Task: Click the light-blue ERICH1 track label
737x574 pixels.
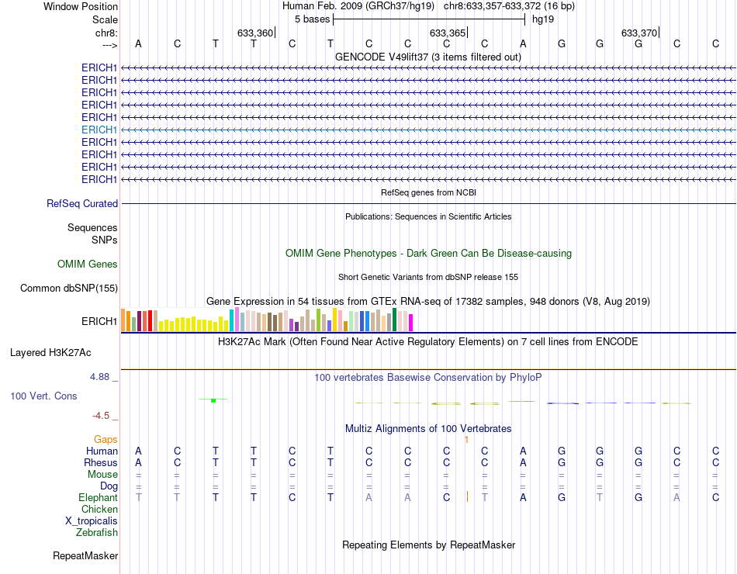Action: [x=99, y=130]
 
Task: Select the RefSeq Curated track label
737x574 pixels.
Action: [x=82, y=204]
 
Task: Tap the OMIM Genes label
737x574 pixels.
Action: [x=88, y=265]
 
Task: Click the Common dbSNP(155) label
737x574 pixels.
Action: [x=69, y=289]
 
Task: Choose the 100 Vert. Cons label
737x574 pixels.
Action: [x=43, y=396]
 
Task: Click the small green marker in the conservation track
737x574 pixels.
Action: [x=213, y=399]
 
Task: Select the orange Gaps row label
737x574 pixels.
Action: [x=106, y=440]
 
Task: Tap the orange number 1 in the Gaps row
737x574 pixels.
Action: [x=466, y=440]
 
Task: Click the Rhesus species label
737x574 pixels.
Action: [x=101, y=463]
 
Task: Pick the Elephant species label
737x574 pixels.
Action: [x=98, y=498]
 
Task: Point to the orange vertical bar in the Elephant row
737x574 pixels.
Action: [x=467, y=497]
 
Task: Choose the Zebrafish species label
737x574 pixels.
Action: [x=97, y=533]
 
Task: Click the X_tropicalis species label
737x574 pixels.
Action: [x=92, y=521]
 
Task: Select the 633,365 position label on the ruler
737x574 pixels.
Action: [x=448, y=33]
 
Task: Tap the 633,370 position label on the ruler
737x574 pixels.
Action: [x=640, y=33]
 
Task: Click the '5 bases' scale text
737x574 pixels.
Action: [x=312, y=19]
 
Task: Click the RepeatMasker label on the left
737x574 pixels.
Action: [x=85, y=556]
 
